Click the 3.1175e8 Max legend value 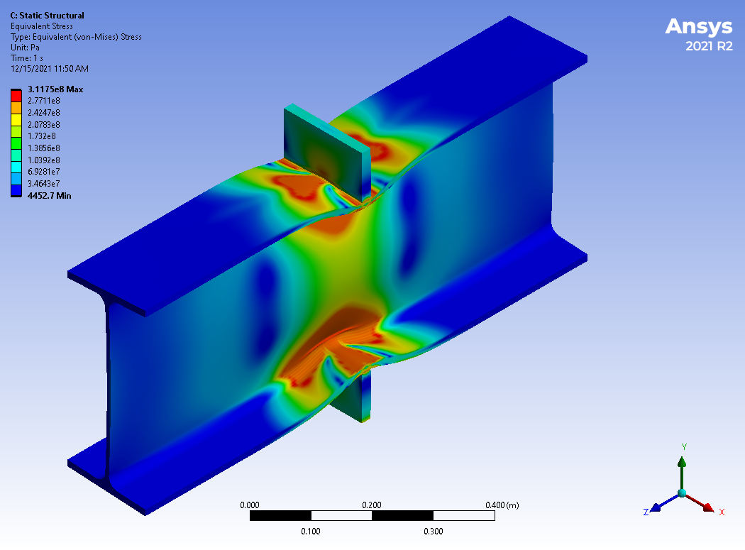coord(55,89)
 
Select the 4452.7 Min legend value coord(50,196)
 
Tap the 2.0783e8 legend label coord(44,124)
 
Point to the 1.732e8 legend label coord(42,136)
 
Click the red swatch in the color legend coord(16,96)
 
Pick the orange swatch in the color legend coord(16,108)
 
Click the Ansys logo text coord(698,27)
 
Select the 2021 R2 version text coord(709,46)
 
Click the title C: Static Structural coord(47,16)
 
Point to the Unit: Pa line coord(25,48)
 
